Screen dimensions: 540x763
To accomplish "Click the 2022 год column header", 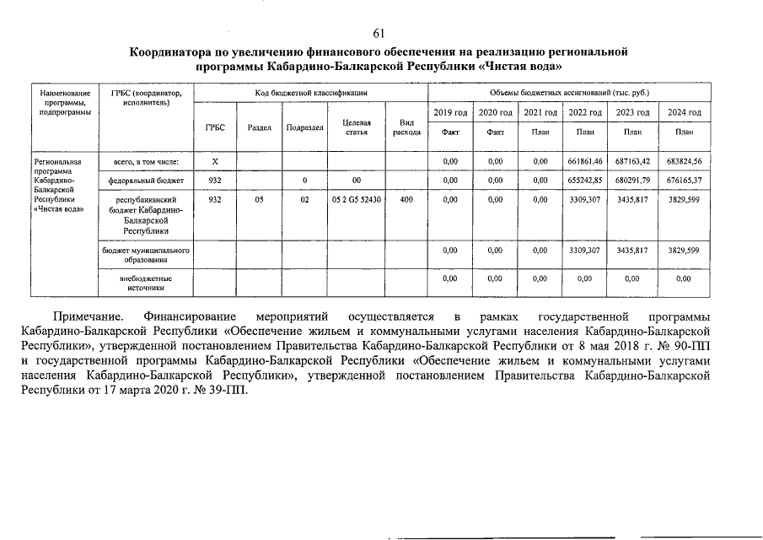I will (585, 113).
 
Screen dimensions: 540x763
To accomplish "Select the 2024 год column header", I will (683, 113).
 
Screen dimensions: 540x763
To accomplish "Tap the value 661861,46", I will (585, 161).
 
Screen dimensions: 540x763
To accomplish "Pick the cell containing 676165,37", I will (683, 181).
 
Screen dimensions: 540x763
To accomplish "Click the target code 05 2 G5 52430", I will (356, 201).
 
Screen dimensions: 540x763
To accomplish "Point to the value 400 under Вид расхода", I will (406, 201).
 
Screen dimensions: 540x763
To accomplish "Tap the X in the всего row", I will (214, 161).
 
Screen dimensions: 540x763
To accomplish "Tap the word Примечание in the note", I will (88, 316).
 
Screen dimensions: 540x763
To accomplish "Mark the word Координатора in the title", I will (180, 52).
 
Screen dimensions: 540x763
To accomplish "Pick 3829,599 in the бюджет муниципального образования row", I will (683, 251).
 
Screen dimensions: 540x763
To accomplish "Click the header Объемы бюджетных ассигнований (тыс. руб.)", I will (570, 91).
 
